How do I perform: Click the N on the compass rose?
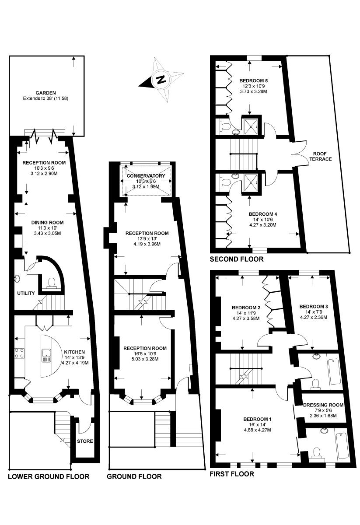[x=161, y=80]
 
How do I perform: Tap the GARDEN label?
[x=45, y=93]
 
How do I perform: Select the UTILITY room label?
[x=26, y=293]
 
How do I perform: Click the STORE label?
[x=85, y=441]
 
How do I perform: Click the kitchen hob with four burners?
[x=19, y=353]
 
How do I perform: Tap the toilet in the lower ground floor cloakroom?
[x=51, y=283]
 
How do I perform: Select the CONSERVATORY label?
[x=146, y=176]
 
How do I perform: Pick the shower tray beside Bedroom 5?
[x=251, y=126]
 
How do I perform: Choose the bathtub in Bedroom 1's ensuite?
[x=342, y=445]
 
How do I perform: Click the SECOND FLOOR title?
[x=237, y=259]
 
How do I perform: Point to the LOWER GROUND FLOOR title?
[x=49, y=476]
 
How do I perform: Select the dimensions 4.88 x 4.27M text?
[x=257, y=430]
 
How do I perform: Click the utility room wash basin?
[x=17, y=279]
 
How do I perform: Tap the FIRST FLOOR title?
[x=231, y=474]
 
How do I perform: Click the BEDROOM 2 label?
[x=246, y=308]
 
